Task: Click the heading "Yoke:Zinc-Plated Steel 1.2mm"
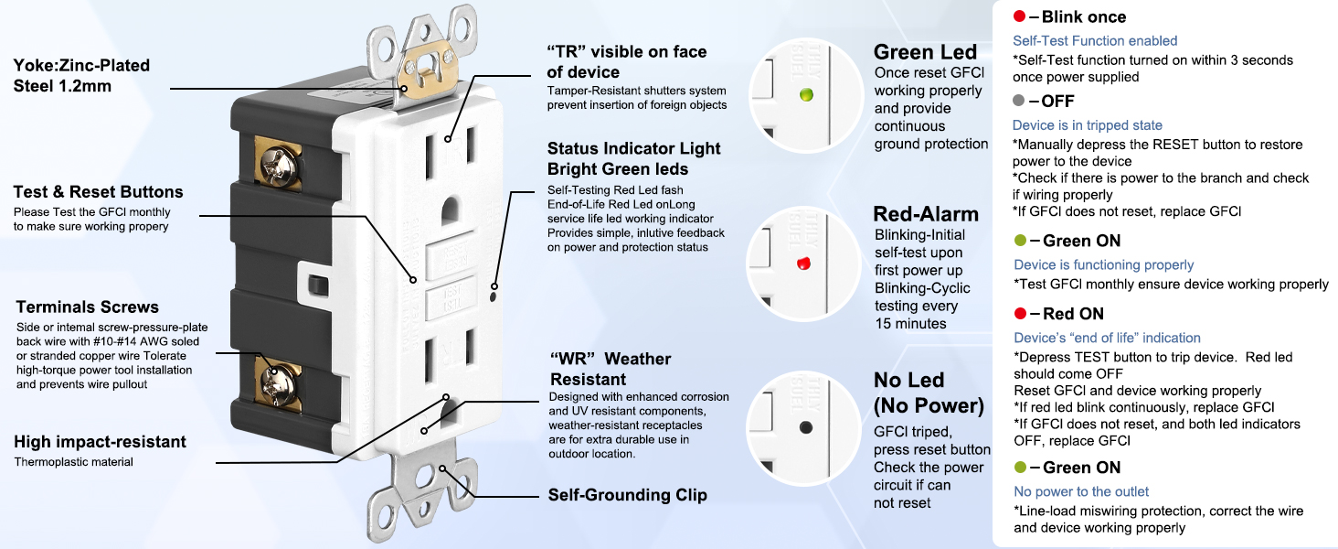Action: click(81, 76)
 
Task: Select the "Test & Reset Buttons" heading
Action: click(98, 192)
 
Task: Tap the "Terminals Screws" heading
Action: click(88, 307)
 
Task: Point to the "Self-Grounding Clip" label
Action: click(627, 495)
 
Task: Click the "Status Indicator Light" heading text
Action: click(633, 148)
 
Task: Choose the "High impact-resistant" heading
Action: click(100, 442)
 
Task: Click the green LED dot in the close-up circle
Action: click(805, 94)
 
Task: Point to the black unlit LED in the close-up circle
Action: click(805, 427)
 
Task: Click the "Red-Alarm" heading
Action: click(926, 214)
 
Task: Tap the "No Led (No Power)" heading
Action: click(929, 393)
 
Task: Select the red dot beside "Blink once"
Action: click(1020, 16)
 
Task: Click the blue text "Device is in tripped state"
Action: click(1088, 125)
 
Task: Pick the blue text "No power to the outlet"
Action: click(1081, 491)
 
